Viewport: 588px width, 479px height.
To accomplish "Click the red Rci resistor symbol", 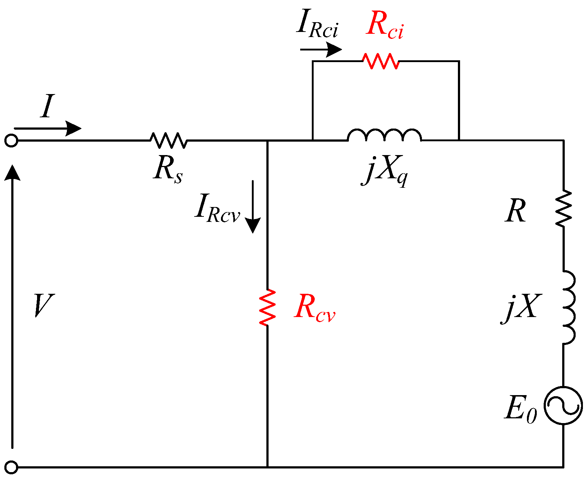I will (381, 61).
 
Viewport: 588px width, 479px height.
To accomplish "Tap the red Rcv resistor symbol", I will (267, 307).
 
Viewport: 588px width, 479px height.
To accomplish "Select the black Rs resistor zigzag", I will (169, 140).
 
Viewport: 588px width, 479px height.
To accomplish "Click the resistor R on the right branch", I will (564, 208).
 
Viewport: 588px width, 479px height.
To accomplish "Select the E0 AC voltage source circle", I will (563, 405).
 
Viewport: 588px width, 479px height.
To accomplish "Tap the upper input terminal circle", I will (11, 141).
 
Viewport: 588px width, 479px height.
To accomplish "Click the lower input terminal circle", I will (11, 467).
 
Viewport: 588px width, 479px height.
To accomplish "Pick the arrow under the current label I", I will (47, 128).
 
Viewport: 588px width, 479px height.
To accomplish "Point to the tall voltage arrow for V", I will (12, 305).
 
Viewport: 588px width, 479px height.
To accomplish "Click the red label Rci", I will (384, 25).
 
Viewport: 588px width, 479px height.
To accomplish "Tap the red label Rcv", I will (314, 308).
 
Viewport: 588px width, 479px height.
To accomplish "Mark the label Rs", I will (168, 170).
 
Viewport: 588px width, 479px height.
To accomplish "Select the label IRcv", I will (217, 208).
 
